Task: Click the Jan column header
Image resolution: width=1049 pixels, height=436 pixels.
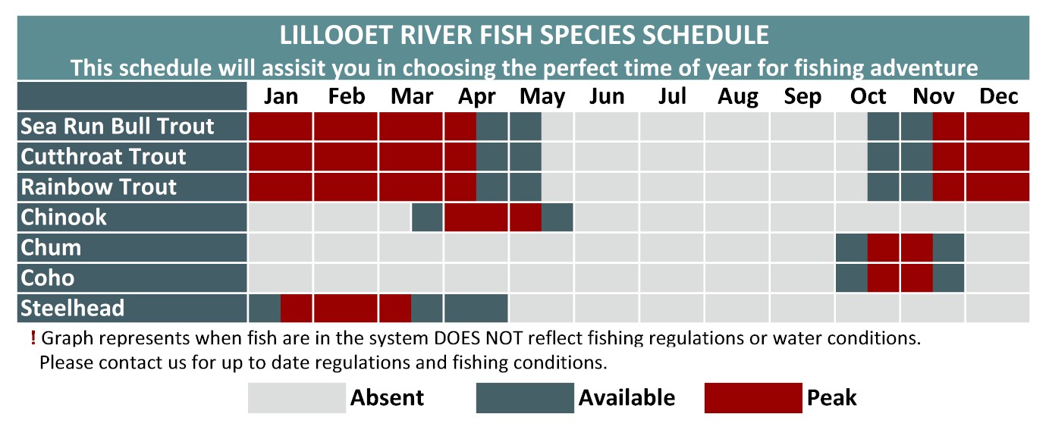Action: pyautogui.click(x=281, y=96)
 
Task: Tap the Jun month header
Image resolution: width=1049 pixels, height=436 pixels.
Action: pyautogui.click(x=607, y=96)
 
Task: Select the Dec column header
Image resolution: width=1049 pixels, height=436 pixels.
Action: pyautogui.click(x=998, y=96)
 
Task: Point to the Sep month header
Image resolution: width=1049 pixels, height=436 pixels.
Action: pyautogui.click(x=802, y=97)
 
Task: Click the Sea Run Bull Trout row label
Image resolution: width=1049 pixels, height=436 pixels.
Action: pyautogui.click(x=117, y=127)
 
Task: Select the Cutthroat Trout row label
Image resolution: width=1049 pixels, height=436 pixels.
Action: pyautogui.click(x=103, y=156)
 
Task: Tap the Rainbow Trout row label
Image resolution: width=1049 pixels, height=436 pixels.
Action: pyautogui.click(x=99, y=187)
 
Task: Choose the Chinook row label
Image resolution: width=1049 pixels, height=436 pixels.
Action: pyautogui.click(x=63, y=218)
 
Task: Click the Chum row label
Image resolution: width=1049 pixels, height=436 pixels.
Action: pyautogui.click(x=51, y=248)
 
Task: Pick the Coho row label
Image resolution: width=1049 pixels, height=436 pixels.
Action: pyautogui.click(x=47, y=278)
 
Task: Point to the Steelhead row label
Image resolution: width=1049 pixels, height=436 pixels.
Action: pyautogui.click(x=72, y=308)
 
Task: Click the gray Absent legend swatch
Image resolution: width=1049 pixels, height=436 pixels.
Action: pyautogui.click(x=297, y=398)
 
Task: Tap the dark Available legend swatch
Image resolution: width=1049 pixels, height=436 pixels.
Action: pyautogui.click(x=525, y=398)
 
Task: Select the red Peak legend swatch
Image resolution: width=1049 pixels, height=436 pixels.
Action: pyautogui.click(x=753, y=398)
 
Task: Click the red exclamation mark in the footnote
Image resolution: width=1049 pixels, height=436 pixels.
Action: pyautogui.click(x=33, y=337)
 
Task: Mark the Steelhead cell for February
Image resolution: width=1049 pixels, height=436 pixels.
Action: pyautogui.click(x=346, y=308)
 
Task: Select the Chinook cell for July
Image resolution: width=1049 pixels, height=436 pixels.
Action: pyautogui.click(x=671, y=218)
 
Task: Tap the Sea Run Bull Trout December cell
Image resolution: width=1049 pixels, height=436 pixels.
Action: pyautogui.click(x=997, y=127)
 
